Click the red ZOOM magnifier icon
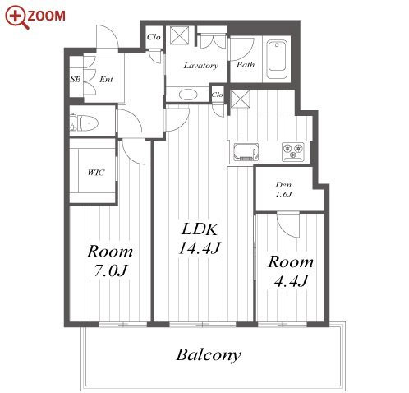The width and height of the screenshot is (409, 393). coord(16,16)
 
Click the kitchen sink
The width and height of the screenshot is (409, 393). coord(246,152)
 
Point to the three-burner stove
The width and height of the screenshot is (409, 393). coord(293,151)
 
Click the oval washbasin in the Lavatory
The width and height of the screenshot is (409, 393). coord(188,95)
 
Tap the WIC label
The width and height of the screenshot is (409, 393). coord(96,173)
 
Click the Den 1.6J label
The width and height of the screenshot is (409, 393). coord(283,189)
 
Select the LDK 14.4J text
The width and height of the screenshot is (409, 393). coord(200,238)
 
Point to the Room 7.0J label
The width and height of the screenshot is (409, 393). coord(110,261)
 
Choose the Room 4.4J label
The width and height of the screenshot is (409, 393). coord(291,271)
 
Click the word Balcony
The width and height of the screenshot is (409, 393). coord(209,355)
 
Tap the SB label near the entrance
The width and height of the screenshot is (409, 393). coord(76,79)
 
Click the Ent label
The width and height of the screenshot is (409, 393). coord(106,79)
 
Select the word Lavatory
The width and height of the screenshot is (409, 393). coord(200,66)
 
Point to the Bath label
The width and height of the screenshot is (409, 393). coord(246,65)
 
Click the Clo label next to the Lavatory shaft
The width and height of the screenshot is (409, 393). coord(154,37)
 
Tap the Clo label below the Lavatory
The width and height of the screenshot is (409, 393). coord(217,95)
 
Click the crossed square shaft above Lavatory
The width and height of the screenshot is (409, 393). coord(179,35)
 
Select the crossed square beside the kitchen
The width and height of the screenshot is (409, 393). coord(240,99)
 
